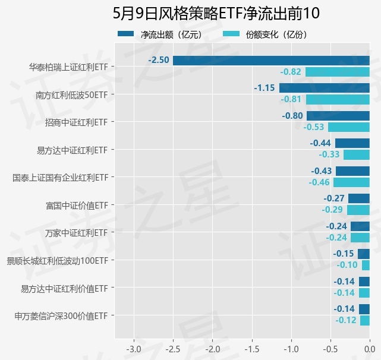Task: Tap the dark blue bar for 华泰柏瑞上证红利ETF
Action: point(271,61)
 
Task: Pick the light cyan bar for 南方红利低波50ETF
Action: point(338,99)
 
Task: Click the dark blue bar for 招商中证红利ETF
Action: point(338,116)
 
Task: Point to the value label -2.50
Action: point(159,61)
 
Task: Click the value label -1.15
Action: point(264,88)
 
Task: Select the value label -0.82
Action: point(291,72)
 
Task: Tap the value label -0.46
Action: point(319,182)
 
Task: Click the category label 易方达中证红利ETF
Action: point(72,150)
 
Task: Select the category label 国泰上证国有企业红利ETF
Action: point(60,178)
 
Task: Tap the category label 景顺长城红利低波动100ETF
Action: point(57,260)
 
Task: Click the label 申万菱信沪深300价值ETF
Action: point(61,315)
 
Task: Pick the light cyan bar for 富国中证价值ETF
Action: point(358,210)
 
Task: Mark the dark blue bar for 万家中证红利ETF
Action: point(360,226)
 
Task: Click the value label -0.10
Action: point(347,265)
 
